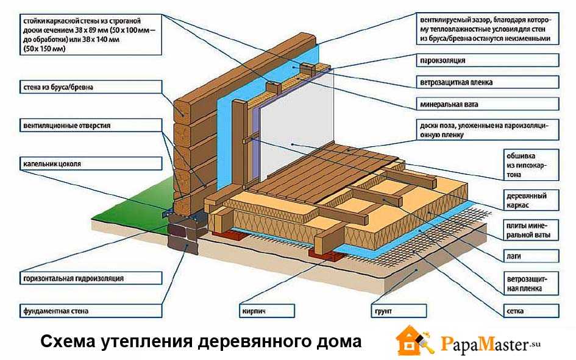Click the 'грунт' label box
[x=381, y=311]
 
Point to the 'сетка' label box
[x=514, y=311]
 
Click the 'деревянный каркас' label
[x=525, y=200]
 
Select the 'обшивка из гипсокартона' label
[x=524, y=164]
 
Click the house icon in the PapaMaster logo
[x=413, y=341]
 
